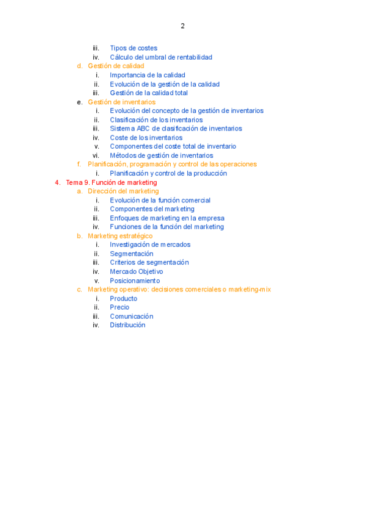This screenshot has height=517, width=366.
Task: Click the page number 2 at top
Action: [182, 26]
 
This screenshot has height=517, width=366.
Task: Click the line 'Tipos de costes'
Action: [133, 48]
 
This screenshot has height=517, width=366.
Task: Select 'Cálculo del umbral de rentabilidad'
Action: [161, 57]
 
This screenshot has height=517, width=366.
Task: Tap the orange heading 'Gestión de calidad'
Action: [116, 66]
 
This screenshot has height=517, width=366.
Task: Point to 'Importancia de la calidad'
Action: [148, 75]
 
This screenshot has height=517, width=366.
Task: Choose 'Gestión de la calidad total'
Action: [149, 93]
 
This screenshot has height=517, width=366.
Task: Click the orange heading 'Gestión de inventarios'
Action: [121, 102]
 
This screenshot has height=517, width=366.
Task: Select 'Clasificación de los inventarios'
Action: [156, 120]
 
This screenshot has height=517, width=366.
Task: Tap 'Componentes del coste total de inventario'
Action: [173, 146]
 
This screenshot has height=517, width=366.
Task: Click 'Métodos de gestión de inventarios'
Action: [161, 155]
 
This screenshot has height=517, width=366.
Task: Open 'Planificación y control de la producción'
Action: [168, 173]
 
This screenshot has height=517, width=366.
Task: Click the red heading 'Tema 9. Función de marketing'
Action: [111, 182]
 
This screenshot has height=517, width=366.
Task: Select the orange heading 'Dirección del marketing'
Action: [123, 191]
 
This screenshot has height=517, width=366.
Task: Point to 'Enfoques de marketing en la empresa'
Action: [167, 218]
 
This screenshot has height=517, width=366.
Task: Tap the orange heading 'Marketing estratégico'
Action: [120, 235]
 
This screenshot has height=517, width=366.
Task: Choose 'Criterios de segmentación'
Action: [149, 262]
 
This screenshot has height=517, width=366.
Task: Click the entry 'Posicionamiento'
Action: [135, 280]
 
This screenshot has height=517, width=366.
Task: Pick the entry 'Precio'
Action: [120, 307]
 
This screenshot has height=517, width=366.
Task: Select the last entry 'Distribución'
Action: [127, 325]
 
